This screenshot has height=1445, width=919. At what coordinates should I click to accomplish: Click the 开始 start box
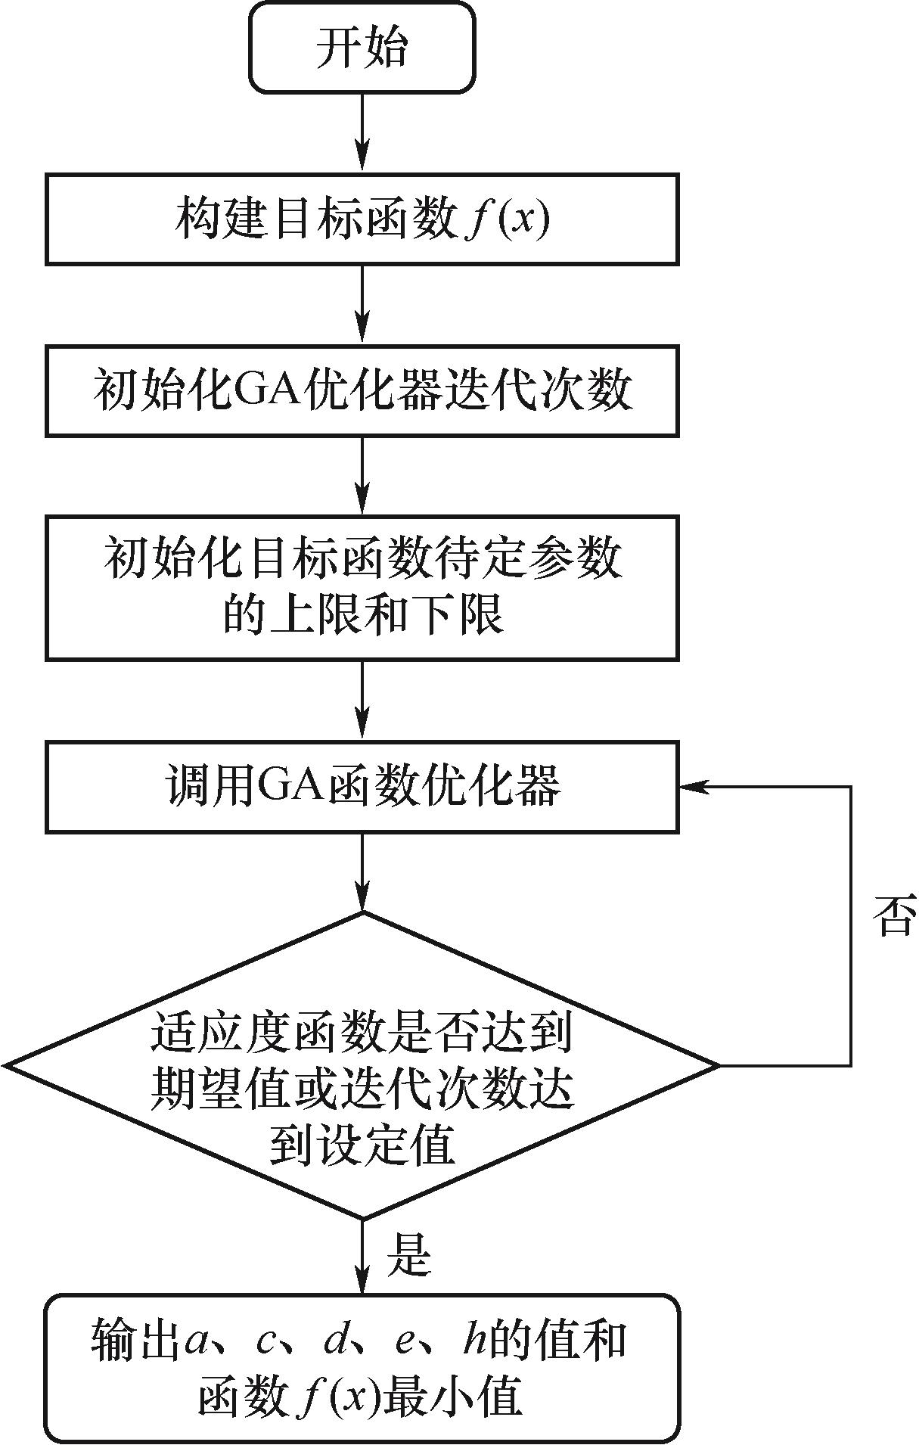(362, 47)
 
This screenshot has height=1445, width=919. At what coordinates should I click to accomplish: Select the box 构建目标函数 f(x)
(362, 219)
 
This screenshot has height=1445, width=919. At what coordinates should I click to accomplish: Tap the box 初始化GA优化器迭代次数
(362, 391)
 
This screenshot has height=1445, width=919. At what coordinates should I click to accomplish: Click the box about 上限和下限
(362, 588)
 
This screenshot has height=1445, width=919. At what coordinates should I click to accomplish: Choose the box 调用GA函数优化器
(362, 787)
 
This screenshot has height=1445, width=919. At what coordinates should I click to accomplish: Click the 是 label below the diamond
(408, 1256)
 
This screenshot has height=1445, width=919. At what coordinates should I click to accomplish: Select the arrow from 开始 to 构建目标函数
(363, 133)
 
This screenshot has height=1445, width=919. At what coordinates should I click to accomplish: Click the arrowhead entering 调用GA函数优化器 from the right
(692, 787)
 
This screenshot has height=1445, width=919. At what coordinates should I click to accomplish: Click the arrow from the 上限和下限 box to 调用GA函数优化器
(363, 701)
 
